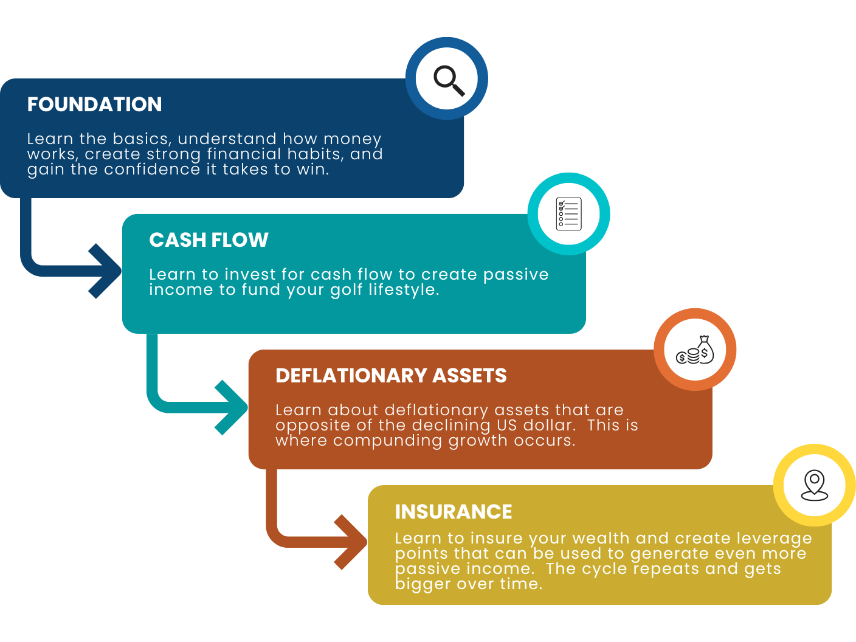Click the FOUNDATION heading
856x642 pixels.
click(94, 105)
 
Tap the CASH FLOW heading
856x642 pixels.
click(209, 240)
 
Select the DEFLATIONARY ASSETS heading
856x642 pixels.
click(391, 376)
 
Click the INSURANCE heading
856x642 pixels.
click(454, 512)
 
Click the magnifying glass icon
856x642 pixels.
click(448, 80)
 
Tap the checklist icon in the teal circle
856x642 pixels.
click(568, 214)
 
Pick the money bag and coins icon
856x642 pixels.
click(695, 351)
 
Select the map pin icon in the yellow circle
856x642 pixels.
click(815, 486)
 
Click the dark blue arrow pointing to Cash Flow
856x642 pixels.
click(105, 271)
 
